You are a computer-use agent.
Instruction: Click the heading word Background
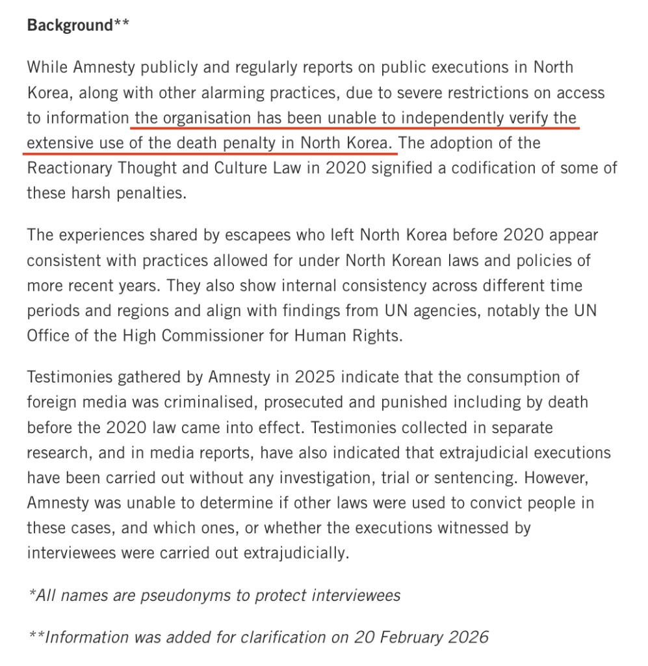pyautogui.click(x=70, y=25)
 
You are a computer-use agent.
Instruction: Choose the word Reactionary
pyautogui.click(x=68, y=168)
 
